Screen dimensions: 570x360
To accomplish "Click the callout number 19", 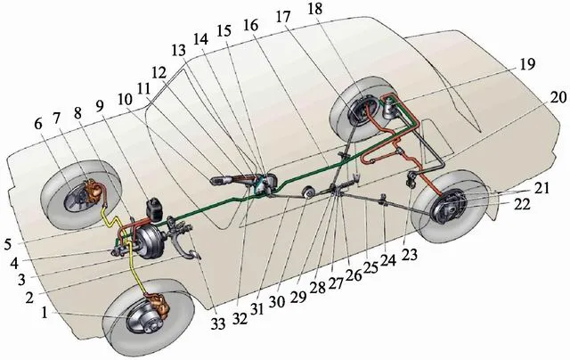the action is (527, 64).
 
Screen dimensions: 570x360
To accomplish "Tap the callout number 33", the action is (218, 323).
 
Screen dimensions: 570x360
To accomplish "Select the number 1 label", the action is (45, 313).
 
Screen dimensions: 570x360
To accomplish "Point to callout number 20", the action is (558, 97).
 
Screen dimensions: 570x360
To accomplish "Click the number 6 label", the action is (38, 124).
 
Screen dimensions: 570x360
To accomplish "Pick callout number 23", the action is (410, 254).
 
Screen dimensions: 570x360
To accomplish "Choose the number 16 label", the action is (251, 26).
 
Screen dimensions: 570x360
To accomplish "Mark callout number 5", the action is (8, 244).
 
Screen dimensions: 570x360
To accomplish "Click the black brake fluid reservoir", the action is (153, 209).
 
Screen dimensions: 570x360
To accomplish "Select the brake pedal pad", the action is (193, 255).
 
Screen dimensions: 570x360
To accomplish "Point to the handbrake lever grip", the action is (220, 180).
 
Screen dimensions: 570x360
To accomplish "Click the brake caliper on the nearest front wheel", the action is (159, 304).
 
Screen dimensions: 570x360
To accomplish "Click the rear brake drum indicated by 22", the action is (447, 209).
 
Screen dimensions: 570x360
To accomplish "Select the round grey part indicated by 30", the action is (310, 192).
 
